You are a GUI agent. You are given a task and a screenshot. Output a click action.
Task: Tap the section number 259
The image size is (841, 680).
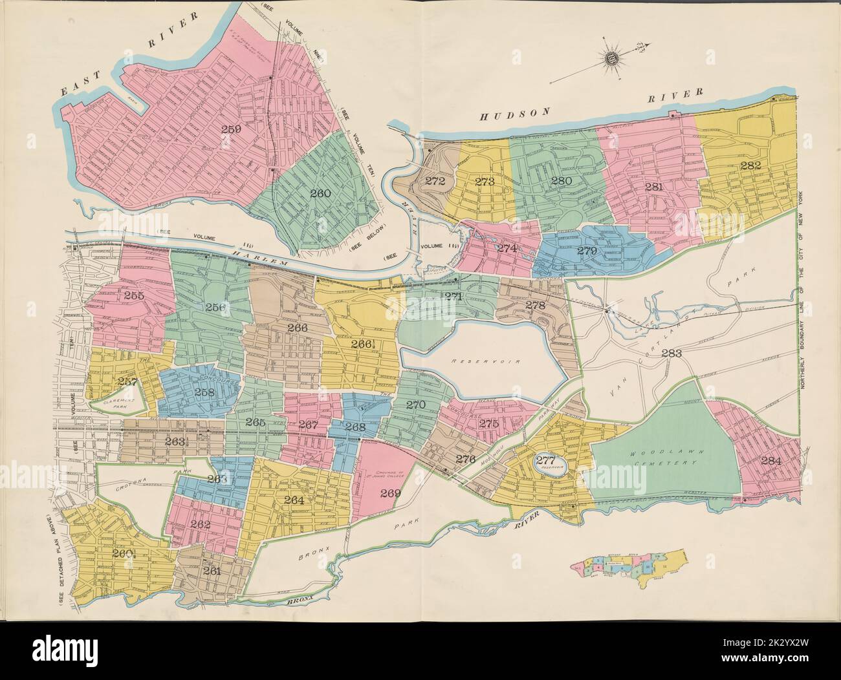(x=231, y=129)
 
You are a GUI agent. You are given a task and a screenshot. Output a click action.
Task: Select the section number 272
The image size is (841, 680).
(x=435, y=181)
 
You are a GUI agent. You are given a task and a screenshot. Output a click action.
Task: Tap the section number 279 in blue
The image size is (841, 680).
(x=587, y=250)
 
